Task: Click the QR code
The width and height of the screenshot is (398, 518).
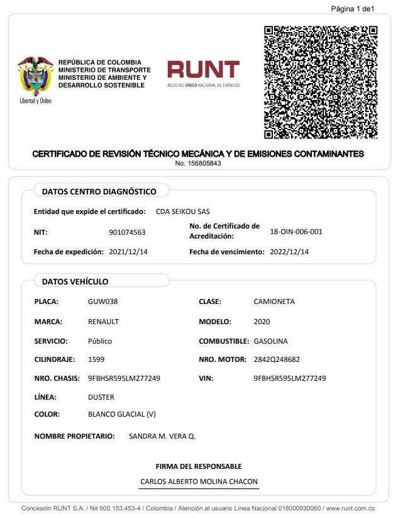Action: coord(321,82)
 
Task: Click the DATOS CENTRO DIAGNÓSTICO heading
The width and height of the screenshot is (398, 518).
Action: coord(99,191)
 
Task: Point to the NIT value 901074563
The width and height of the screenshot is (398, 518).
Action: coord(127,232)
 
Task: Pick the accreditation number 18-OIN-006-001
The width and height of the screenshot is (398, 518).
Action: coord(296,232)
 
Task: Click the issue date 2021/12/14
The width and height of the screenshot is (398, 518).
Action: coord(128,252)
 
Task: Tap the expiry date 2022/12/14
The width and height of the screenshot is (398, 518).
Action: coord(289,252)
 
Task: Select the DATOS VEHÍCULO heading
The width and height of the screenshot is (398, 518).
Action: coord(75,281)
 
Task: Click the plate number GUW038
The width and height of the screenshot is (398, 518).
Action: coord(103,301)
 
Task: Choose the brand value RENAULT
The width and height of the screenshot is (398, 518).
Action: coord(104,322)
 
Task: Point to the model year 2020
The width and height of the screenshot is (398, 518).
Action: coord(262,322)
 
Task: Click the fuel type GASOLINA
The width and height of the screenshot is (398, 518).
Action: coord(270,341)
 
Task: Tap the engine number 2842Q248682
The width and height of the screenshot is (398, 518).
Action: coord(277,359)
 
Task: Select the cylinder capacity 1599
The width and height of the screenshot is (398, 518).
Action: coord(96,359)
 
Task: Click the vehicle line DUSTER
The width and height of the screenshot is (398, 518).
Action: coord(101,397)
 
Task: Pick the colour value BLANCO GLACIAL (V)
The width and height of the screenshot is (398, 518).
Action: coord(122,414)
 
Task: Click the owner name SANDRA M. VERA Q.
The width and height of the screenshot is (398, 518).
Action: coord(162,436)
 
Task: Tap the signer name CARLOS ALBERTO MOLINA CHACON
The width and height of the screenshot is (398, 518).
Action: coord(199,481)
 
